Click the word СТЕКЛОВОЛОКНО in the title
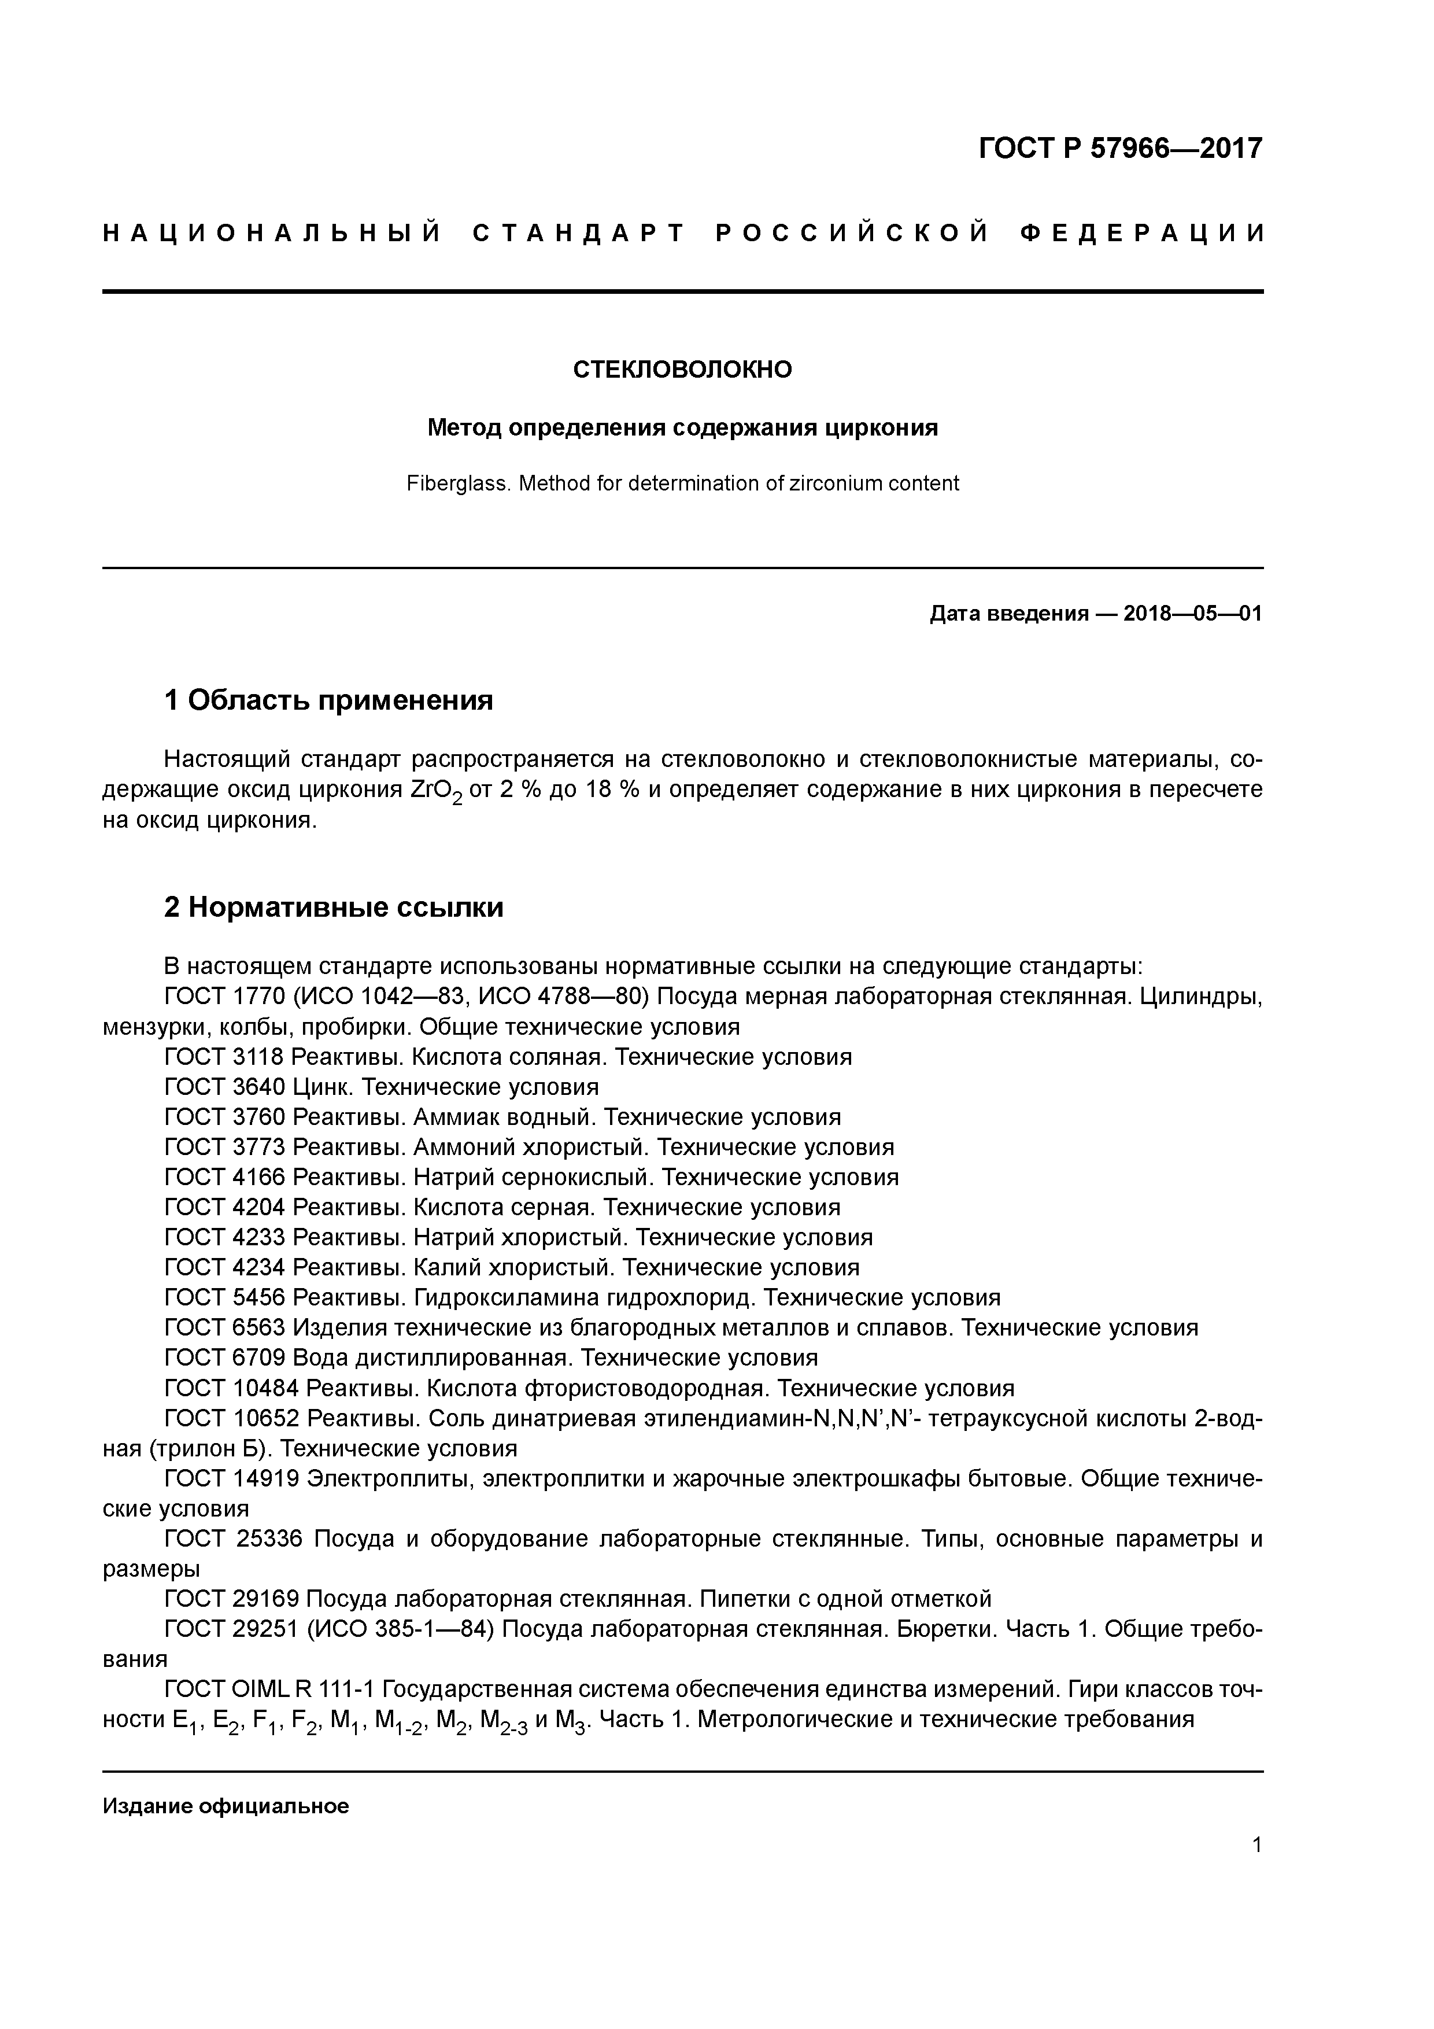click(x=682, y=370)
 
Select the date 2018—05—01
click(x=1192, y=613)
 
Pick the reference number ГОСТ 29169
click(x=233, y=1599)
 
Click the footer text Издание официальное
click(x=226, y=1805)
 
